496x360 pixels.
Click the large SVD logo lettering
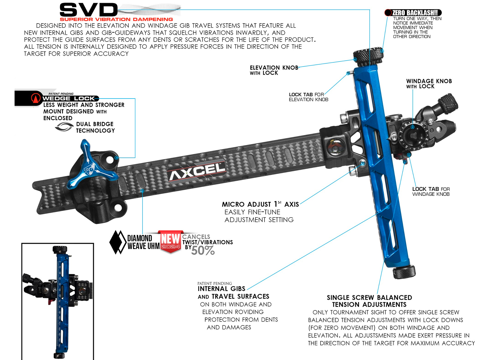pos(89,10)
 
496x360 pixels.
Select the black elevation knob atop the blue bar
pos(368,55)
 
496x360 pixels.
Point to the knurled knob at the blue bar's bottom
pos(404,272)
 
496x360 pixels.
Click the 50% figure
pos(203,250)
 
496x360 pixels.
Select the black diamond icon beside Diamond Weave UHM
pos(118,242)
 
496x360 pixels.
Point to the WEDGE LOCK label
pos(69,99)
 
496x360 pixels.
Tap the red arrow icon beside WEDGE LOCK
pos(36,98)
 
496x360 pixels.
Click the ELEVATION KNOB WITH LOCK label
pos(274,70)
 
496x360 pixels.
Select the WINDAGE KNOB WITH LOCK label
pos(429,84)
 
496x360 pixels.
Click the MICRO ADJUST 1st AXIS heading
pos(260,204)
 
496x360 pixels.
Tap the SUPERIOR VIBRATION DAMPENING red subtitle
pos(116,19)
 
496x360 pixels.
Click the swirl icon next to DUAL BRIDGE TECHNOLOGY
pos(64,127)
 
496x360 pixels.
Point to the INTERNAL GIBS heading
pos(221,288)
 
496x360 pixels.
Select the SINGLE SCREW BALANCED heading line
pos(369,297)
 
